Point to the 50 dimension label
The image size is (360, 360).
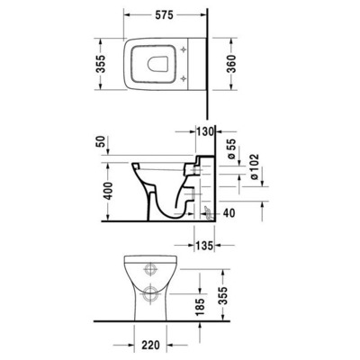99,142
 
